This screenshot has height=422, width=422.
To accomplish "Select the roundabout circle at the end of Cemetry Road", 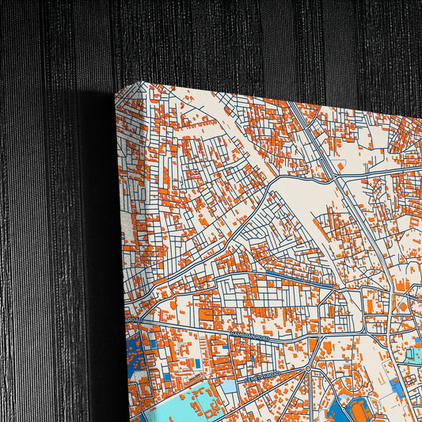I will point(308,369).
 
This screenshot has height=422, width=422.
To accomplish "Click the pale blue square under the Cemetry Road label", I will point(229,387).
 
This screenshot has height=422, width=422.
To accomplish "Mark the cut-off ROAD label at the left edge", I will point(130,320).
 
